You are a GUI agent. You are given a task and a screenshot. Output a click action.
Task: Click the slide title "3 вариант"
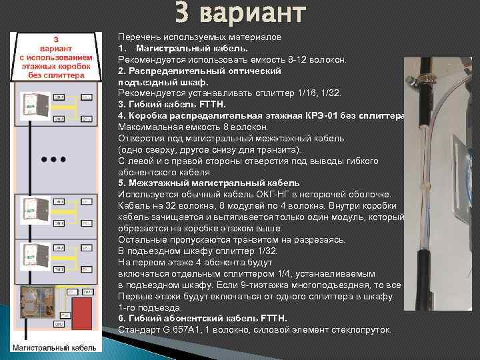click(x=241, y=13)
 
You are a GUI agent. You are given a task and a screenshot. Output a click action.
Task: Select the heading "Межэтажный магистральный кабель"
click(x=213, y=182)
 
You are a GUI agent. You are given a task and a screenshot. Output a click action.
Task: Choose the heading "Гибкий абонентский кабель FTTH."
click(x=203, y=319)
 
